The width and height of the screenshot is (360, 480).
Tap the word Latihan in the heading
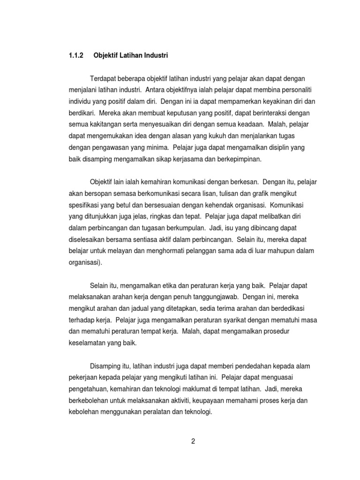tap(131, 55)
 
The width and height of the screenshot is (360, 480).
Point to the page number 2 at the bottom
tap(193, 441)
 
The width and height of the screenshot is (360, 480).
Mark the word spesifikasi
tap(86, 205)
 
